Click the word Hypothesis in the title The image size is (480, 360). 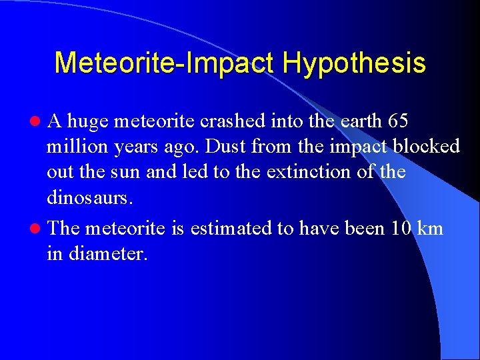[353, 64]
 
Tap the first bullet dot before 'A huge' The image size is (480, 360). [41, 122]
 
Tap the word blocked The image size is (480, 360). [427, 147]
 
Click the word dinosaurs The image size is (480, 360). [87, 198]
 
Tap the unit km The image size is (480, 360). [430, 229]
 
